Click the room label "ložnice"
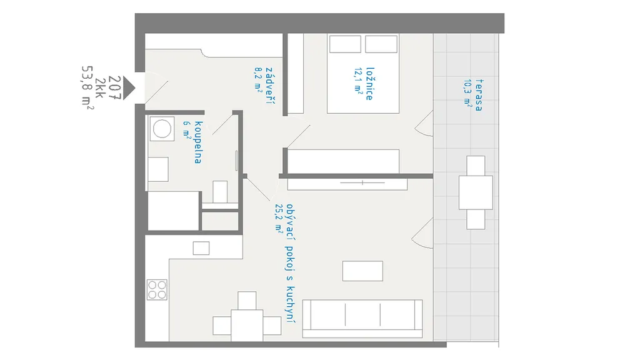(370, 84)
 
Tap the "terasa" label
(479, 95)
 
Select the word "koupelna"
(198, 142)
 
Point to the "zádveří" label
(270, 86)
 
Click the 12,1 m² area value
(358, 81)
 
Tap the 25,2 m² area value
(279, 218)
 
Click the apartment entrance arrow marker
(129, 87)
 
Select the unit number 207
(115, 87)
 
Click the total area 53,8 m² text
(87, 87)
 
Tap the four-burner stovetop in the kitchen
(157, 290)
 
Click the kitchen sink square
(201, 248)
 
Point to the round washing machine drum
(162, 129)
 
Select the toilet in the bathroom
(220, 192)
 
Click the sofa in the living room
(362, 318)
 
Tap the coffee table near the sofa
(362, 271)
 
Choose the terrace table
(476, 192)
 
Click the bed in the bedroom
(363, 74)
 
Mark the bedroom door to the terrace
(424, 123)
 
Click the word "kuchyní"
(290, 304)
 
